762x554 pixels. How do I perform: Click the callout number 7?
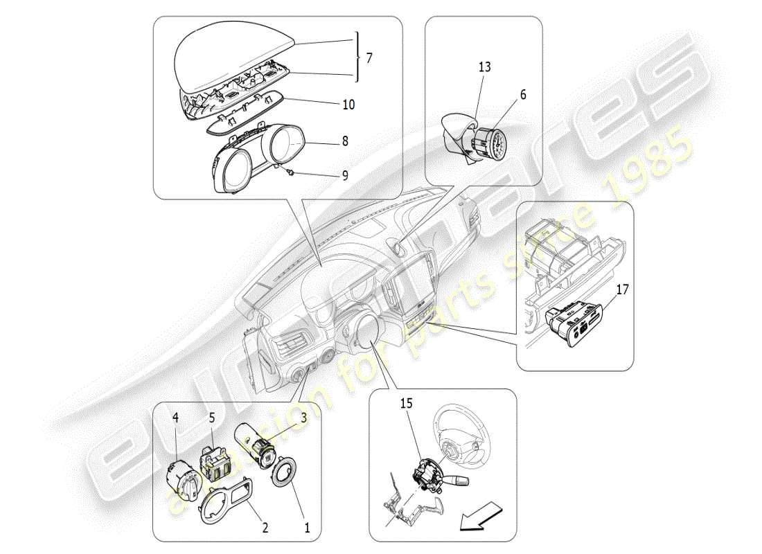click(x=369, y=58)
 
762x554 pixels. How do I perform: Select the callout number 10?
click(x=348, y=105)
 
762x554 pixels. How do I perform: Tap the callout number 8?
click(x=344, y=141)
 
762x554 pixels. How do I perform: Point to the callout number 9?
click(x=344, y=176)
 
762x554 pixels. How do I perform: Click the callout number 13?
click(x=484, y=67)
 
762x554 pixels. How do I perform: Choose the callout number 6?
click(x=522, y=95)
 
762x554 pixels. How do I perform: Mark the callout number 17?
click(x=622, y=289)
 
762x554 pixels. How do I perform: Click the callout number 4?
click(x=175, y=418)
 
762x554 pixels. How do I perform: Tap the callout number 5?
click(x=212, y=418)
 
